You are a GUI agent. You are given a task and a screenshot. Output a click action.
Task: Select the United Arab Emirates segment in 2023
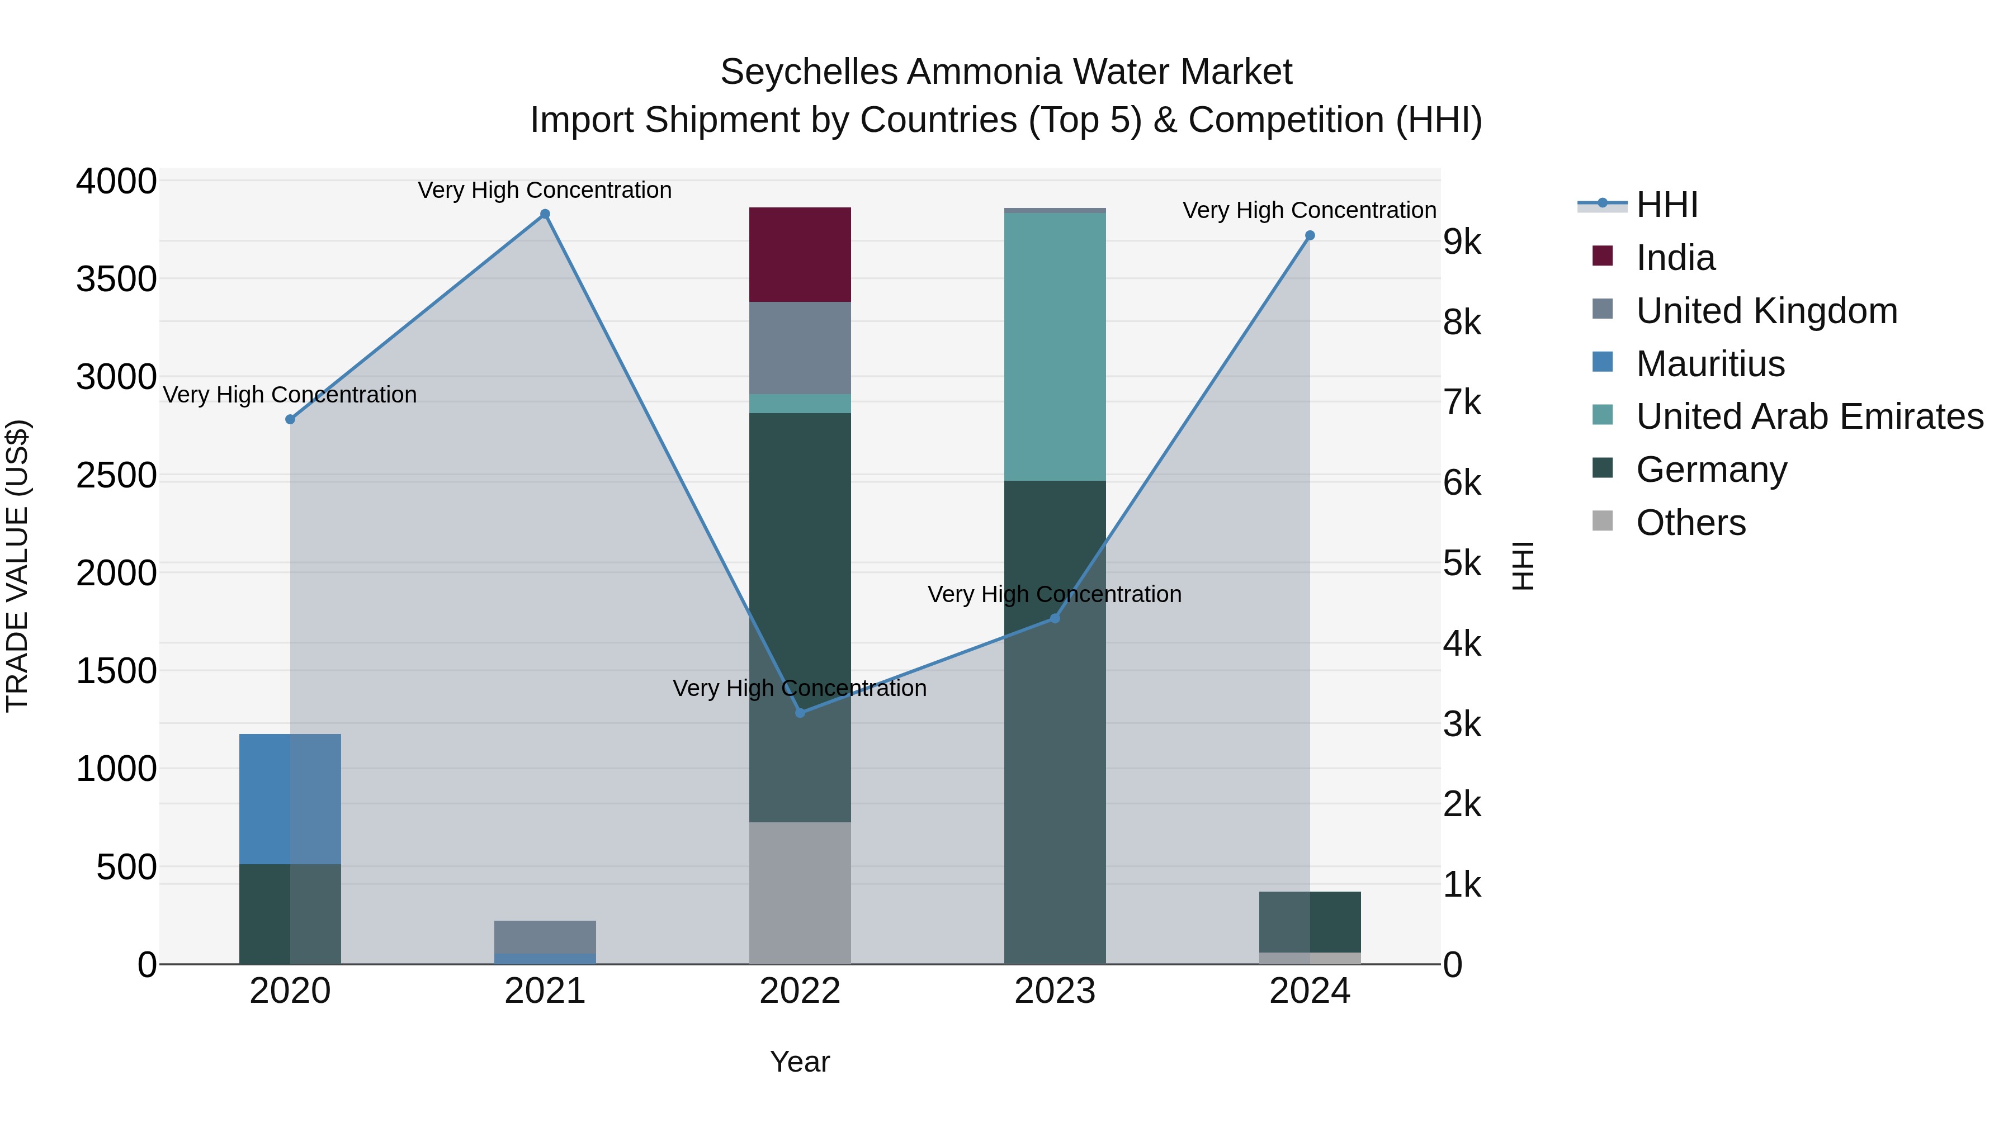point(1054,346)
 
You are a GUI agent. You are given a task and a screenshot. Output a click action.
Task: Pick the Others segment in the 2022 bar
point(800,892)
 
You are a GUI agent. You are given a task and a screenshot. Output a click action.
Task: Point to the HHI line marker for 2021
point(545,214)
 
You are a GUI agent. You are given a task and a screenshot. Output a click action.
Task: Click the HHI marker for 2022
point(800,713)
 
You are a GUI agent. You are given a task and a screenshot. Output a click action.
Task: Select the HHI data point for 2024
point(1310,235)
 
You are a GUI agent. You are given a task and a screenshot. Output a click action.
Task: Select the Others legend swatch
point(1602,521)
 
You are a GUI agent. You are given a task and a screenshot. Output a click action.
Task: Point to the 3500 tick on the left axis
point(116,279)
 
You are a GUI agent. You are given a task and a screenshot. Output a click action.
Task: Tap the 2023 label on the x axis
point(1054,991)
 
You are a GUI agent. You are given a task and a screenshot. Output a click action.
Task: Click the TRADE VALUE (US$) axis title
point(17,566)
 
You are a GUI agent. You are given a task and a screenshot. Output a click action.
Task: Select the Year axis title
point(800,1062)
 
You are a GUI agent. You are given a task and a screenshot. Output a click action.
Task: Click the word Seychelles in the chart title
point(808,72)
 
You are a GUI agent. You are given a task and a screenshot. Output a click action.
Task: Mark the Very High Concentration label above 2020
point(290,395)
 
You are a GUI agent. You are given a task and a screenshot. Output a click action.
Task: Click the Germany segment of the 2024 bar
point(1310,922)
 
